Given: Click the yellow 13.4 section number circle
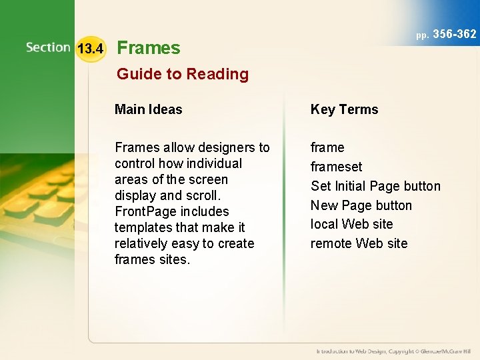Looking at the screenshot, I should click(x=90, y=49).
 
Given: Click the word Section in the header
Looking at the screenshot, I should click(x=48, y=47).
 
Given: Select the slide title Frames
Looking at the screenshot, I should click(x=148, y=48).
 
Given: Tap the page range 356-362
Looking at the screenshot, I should click(x=455, y=34).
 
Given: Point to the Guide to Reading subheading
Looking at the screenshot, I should click(x=182, y=74).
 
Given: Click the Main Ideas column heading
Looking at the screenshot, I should click(x=148, y=109).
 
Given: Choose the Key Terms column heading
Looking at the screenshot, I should click(x=344, y=109).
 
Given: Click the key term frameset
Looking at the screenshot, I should click(x=336, y=167).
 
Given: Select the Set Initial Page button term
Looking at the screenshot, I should click(x=375, y=186).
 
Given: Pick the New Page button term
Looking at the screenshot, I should click(x=361, y=205).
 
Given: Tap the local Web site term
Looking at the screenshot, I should click(x=351, y=224).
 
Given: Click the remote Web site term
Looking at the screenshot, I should click(x=359, y=243).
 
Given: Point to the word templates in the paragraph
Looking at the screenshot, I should click(x=143, y=227).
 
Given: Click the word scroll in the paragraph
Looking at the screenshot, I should click(x=203, y=195).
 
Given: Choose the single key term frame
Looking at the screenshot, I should click(x=327, y=147).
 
